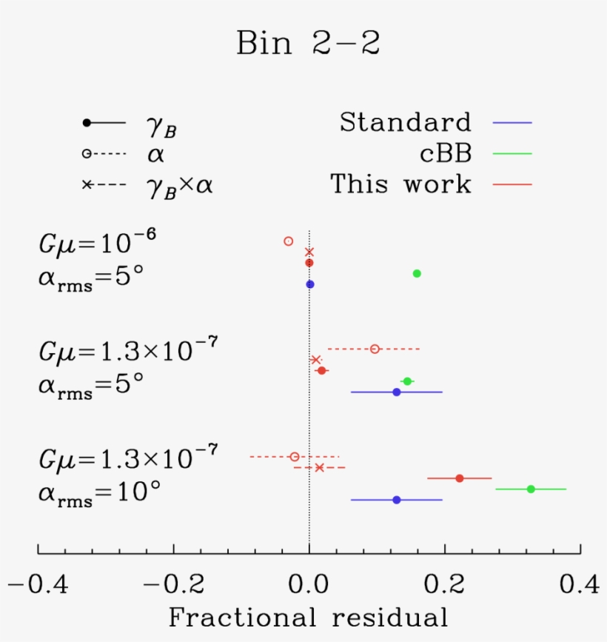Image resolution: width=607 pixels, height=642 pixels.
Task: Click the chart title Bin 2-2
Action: point(308,44)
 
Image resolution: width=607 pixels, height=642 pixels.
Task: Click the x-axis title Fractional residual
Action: point(308,617)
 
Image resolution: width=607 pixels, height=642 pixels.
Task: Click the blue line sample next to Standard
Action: point(512,122)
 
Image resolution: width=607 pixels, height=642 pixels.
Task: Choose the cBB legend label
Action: point(444,153)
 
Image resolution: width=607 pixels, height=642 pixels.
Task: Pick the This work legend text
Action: point(400,184)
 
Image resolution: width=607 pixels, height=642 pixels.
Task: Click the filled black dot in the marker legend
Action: point(87,122)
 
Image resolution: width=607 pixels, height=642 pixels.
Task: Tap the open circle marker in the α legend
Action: point(87,153)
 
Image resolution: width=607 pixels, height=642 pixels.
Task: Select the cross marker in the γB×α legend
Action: point(87,184)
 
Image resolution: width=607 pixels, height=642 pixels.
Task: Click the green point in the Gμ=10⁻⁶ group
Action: point(417,273)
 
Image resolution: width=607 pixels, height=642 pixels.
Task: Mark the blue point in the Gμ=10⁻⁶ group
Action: point(310,284)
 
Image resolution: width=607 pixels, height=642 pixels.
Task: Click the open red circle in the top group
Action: point(289,241)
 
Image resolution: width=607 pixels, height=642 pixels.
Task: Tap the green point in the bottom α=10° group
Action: point(531,489)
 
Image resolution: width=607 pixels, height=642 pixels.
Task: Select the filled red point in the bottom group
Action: point(460,478)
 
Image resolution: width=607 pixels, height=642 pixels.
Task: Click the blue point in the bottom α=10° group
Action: point(397,500)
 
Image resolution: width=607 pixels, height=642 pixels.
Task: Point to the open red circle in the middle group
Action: point(375,349)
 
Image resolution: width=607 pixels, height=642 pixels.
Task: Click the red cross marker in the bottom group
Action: point(319,467)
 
